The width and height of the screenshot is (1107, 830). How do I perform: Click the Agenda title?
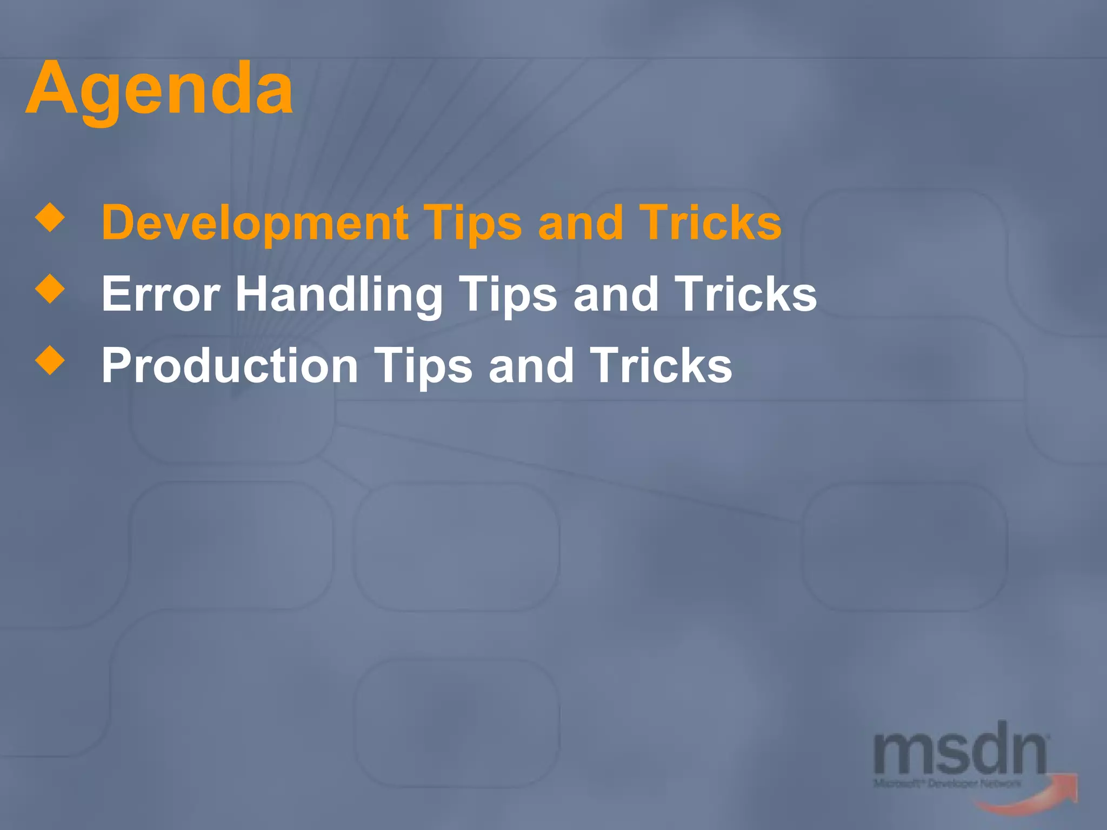(x=159, y=89)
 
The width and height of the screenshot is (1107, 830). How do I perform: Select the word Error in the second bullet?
(x=161, y=294)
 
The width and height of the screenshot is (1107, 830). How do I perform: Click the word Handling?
(x=339, y=295)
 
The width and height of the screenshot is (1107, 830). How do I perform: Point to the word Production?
(x=230, y=366)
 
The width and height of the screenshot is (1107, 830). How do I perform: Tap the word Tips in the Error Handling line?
(x=508, y=295)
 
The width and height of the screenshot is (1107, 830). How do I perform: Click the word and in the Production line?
(x=531, y=366)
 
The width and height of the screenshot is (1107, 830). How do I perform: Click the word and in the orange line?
(x=581, y=223)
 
